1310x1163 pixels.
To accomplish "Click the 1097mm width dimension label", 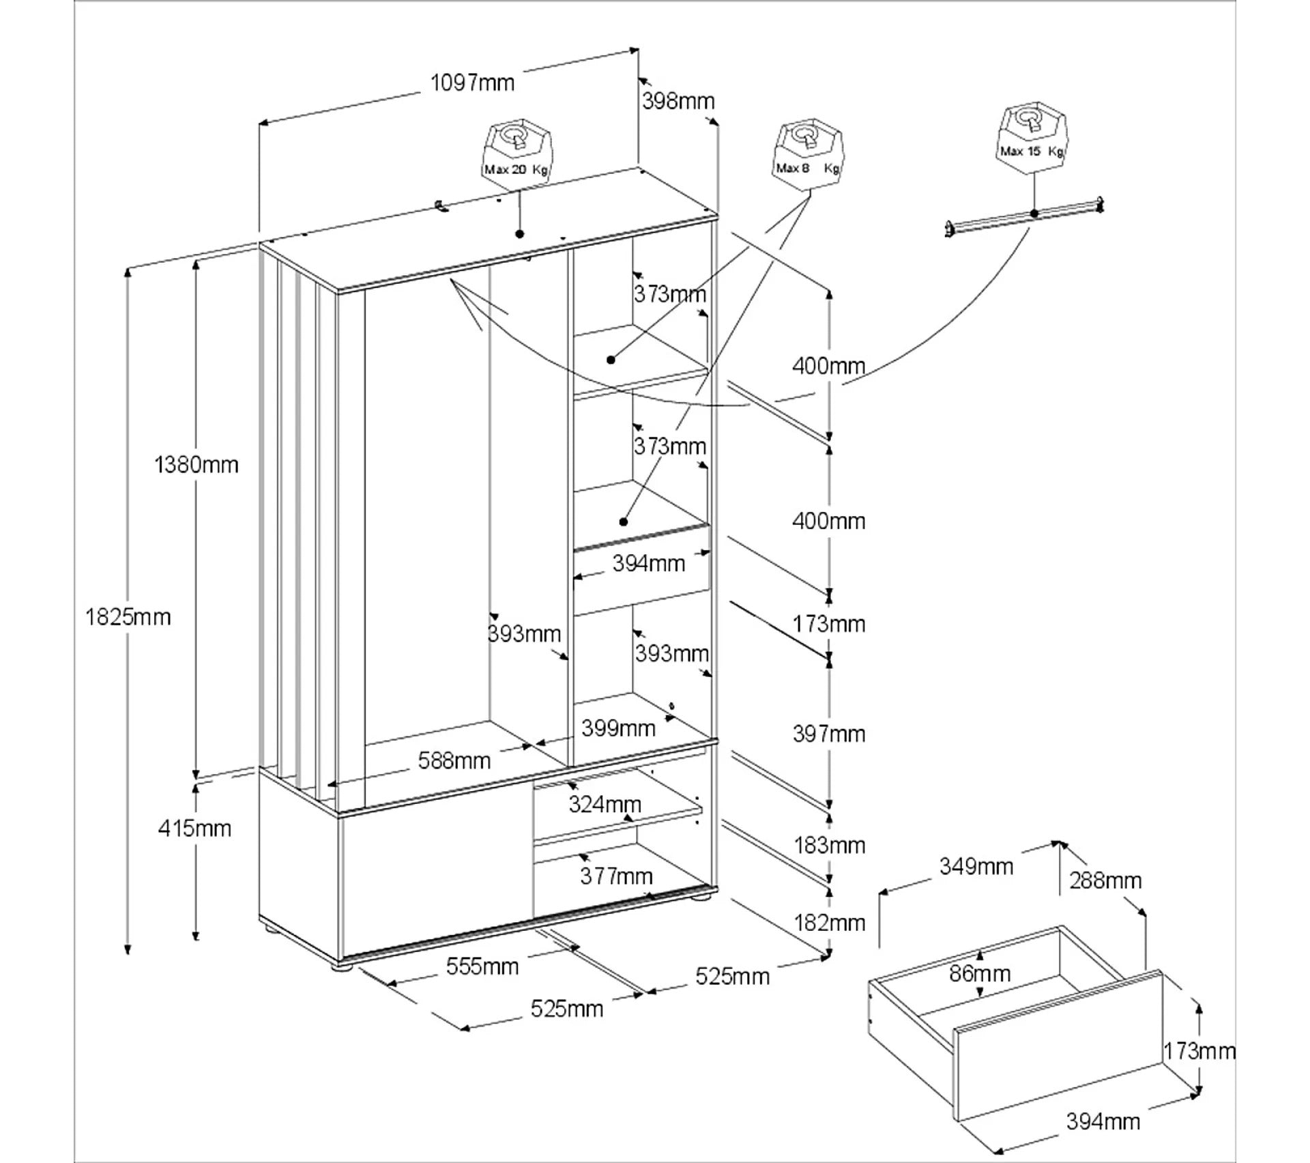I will coord(471,83).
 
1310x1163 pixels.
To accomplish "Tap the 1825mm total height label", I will coord(128,617).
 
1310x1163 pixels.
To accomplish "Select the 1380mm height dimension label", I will coord(196,465).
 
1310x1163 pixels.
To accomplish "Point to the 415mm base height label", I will coord(194,829).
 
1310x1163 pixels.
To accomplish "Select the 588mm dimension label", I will coord(454,760).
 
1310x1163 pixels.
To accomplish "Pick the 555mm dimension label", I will coord(482,966).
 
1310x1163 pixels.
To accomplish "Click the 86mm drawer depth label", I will coord(980,973).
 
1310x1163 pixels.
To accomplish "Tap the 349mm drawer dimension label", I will coord(976,867).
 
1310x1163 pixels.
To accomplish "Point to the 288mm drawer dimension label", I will coord(1105,880).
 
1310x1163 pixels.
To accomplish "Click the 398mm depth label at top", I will coord(678,101).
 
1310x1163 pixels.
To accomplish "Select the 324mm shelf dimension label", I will coord(605,805).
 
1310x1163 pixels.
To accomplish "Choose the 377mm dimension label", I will coord(616,876).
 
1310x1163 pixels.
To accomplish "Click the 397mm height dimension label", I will coord(829,734).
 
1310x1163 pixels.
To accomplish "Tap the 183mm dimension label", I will coord(829,846).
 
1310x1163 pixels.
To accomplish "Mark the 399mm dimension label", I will coord(618,728).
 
